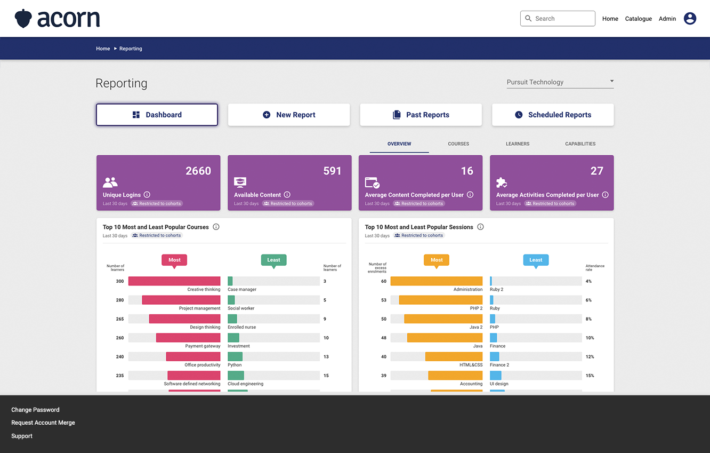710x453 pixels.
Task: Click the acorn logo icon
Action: tap(23, 19)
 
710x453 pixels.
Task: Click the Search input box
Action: tap(558, 19)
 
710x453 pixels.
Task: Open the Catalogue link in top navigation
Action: tap(638, 19)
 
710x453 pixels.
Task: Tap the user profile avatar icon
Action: tap(690, 19)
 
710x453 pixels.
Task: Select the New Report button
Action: tap(289, 115)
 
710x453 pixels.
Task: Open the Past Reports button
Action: tap(421, 115)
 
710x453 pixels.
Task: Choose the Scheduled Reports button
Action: tap(553, 115)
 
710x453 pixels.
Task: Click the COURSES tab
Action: tap(458, 144)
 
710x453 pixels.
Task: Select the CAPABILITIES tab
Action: tap(580, 144)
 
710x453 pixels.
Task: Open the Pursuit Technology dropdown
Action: tap(560, 82)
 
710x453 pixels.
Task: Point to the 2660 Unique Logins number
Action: tap(198, 171)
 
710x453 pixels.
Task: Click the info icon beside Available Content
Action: tap(287, 195)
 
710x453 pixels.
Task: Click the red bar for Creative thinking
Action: tap(174, 281)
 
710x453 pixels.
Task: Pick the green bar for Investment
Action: tap(233, 338)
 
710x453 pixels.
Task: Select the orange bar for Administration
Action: tap(437, 281)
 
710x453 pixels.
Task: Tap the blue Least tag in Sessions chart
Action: tap(536, 260)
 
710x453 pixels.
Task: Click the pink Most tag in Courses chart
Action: tap(174, 260)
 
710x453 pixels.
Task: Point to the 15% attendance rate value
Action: tap(590, 376)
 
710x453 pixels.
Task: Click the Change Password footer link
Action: tap(35, 410)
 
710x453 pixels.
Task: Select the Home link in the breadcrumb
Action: tap(103, 49)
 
